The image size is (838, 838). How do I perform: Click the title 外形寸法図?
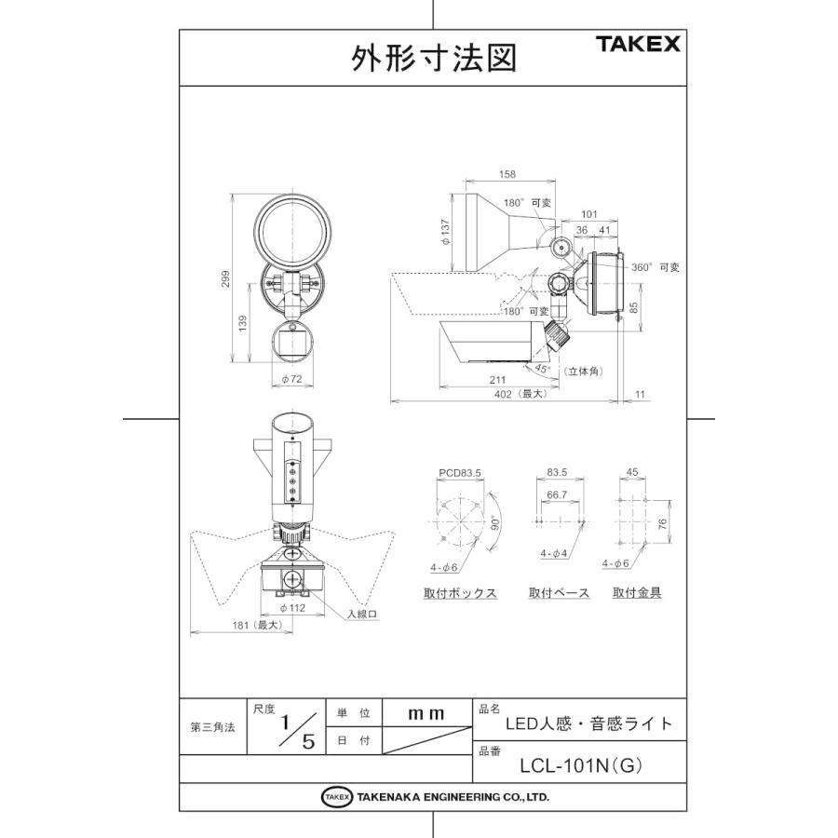[x=433, y=59]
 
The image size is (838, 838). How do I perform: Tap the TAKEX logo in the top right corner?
[x=638, y=44]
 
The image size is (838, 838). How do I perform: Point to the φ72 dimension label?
[x=292, y=381]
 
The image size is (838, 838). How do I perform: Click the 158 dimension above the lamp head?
[x=507, y=174]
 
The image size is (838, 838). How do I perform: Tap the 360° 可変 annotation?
[x=656, y=267]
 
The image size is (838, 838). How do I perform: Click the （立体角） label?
[x=586, y=371]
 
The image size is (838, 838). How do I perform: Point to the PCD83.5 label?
[x=459, y=473]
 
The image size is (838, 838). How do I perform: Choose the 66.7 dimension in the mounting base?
[x=557, y=495]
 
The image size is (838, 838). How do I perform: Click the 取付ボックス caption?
[x=460, y=593]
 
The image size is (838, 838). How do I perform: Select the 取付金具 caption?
[x=637, y=592]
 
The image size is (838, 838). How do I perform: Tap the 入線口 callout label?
[x=361, y=614]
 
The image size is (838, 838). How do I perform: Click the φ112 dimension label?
[x=292, y=608]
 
